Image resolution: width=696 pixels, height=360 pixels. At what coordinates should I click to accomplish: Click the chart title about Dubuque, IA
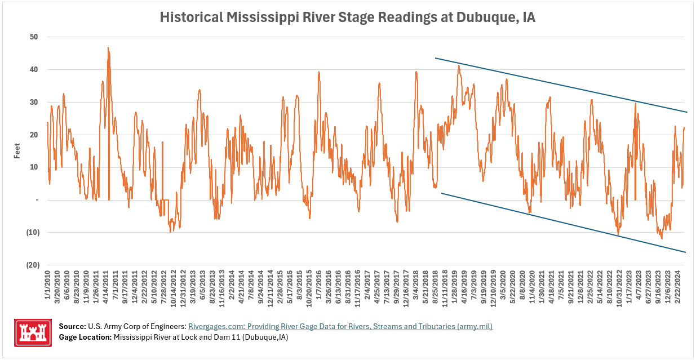[x=347, y=17]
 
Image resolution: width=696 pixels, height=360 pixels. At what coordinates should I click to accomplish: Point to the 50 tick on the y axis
[x=34, y=37]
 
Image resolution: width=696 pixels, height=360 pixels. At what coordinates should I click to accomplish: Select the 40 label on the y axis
[x=34, y=70]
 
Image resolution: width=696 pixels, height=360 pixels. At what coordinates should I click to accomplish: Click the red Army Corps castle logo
[x=33, y=332]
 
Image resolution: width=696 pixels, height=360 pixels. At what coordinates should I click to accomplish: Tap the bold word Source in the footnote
[x=72, y=327]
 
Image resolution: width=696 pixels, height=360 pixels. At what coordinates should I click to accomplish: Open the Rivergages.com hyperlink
[x=340, y=327]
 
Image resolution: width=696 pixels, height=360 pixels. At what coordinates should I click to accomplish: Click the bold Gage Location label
[x=85, y=337]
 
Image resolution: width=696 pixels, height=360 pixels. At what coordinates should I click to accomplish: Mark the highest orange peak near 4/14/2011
[x=108, y=48]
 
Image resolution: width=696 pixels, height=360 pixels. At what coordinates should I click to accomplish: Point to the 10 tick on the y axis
[x=34, y=167]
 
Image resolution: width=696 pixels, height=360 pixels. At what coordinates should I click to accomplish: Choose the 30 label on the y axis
[x=34, y=103]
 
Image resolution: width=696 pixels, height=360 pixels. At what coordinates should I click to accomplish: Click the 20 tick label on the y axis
[x=34, y=135]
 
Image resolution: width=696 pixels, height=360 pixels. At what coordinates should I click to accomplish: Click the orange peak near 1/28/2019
[x=459, y=66]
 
